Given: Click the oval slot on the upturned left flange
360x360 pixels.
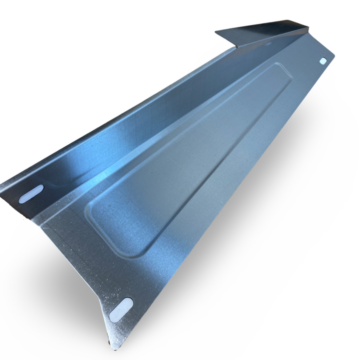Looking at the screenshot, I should click(x=31, y=193).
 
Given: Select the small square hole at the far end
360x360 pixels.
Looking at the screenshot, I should click(x=323, y=61).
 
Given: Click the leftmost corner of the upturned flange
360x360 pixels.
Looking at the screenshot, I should click(x=1, y=186).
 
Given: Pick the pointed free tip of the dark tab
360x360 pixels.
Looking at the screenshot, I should click(x=216, y=33).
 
